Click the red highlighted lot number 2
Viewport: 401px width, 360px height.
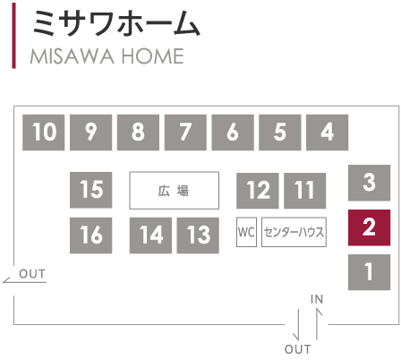[369, 227]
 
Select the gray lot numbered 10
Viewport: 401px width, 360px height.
[44, 133]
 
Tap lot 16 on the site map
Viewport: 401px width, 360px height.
[90, 236]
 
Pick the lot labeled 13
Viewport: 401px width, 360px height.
[198, 236]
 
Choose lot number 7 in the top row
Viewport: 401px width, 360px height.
[185, 133]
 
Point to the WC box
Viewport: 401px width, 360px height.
[246, 232]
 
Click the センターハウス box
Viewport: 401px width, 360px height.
[294, 232]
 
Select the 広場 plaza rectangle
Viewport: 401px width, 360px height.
[175, 190]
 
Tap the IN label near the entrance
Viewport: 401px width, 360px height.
[317, 299]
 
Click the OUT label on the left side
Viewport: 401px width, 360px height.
[32, 274]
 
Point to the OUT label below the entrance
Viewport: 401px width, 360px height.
[297, 349]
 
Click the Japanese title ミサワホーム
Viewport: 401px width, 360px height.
[115, 23]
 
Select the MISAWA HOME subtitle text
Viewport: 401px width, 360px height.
[107, 56]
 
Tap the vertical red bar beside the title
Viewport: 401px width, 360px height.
[13, 36]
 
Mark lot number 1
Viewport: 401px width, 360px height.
[369, 272]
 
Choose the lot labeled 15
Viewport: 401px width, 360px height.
[90, 190]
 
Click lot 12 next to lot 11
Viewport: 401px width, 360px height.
[258, 191]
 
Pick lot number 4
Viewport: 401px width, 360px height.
[327, 133]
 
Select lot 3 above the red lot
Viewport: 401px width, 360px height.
[369, 183]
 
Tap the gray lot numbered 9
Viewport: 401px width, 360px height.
[90, 133]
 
